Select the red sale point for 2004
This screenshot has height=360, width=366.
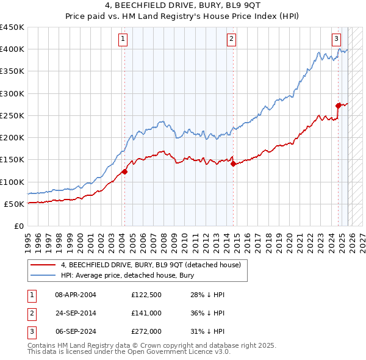(x=124, y=171)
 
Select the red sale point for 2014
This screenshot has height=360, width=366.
(x=233, y=163)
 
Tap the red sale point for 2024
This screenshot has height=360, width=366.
(x=338, y=106)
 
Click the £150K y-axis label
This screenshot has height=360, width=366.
(x=12, y=160)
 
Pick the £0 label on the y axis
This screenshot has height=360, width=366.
(x=18, y=226)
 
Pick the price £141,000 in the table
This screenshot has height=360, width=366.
(x=147, y=313)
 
